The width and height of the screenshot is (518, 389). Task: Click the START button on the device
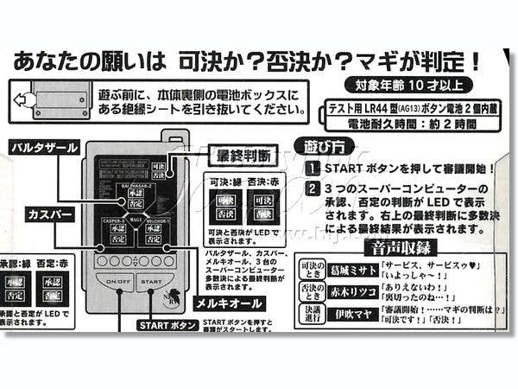click(x=150, y=282)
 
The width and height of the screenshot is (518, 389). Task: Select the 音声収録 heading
click(x=400, y=246)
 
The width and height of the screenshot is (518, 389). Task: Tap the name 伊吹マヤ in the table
click(x=352, y=314)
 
